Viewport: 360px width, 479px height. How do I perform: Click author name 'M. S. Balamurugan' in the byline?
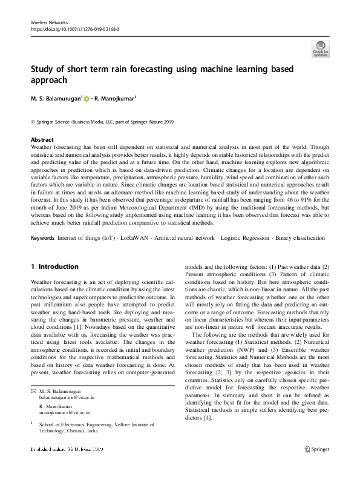56,99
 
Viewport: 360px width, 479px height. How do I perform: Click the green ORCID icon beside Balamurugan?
87,99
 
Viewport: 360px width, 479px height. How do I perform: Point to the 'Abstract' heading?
42,139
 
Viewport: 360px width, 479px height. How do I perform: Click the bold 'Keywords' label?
44,238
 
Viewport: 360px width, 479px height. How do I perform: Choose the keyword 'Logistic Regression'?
244,238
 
